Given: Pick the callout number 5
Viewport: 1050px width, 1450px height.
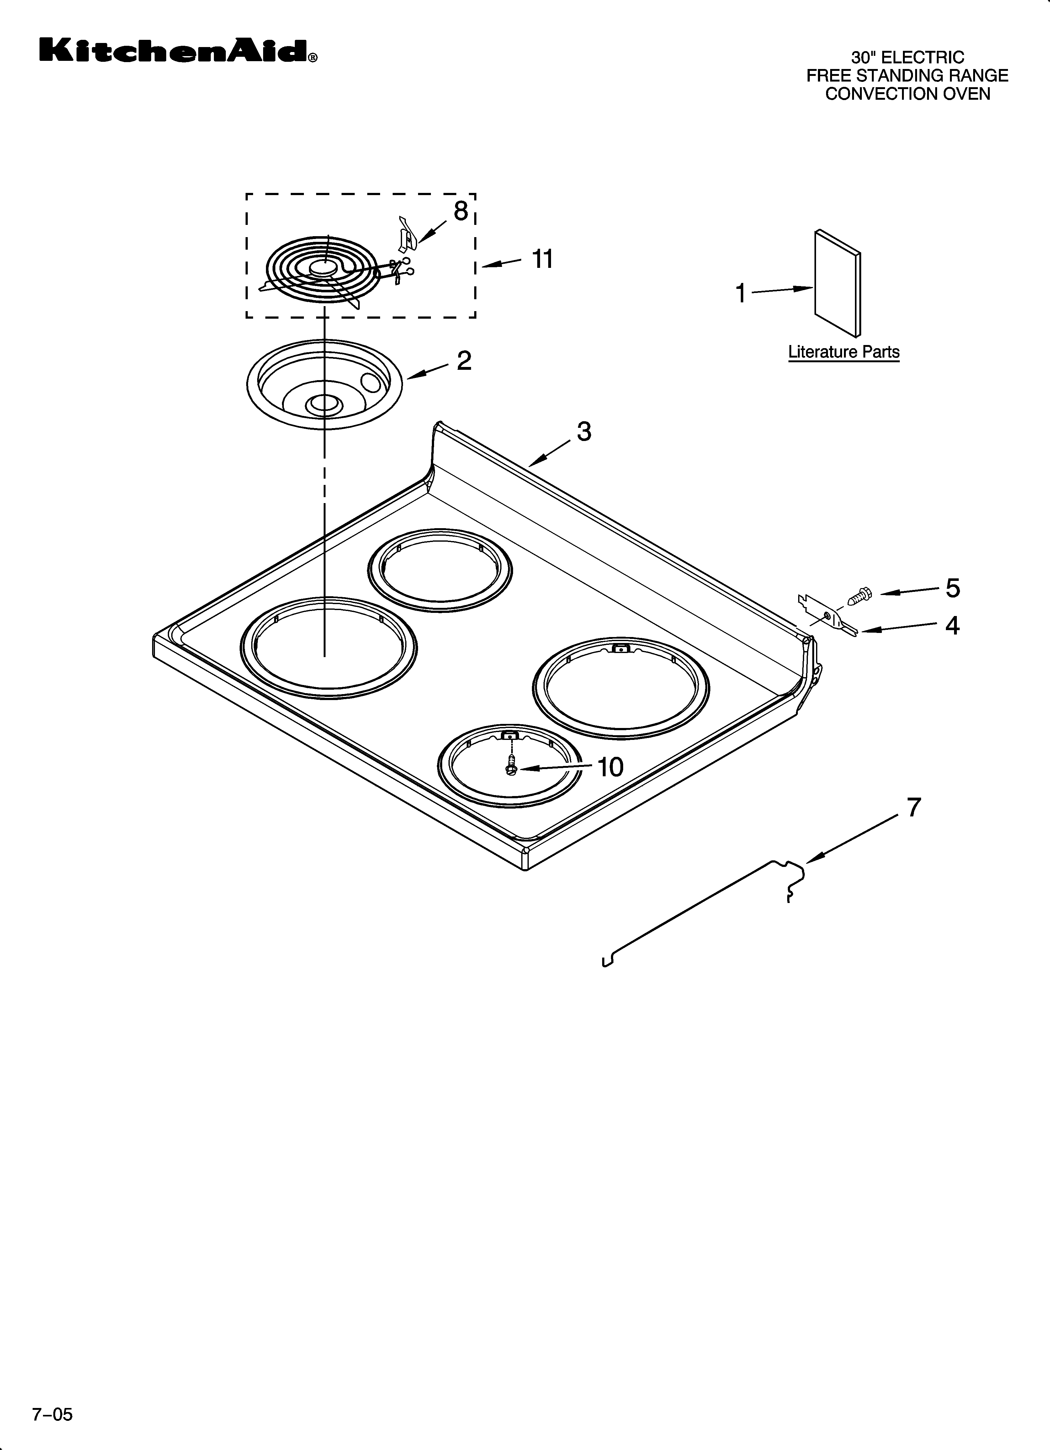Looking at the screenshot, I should [x=953, y=588].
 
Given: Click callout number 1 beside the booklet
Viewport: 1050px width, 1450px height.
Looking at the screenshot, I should [x=740, y=294].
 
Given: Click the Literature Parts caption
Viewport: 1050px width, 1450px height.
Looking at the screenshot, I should [x=843, y=352].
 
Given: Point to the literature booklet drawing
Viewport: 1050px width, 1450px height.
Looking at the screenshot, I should [x=837, y=283].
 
